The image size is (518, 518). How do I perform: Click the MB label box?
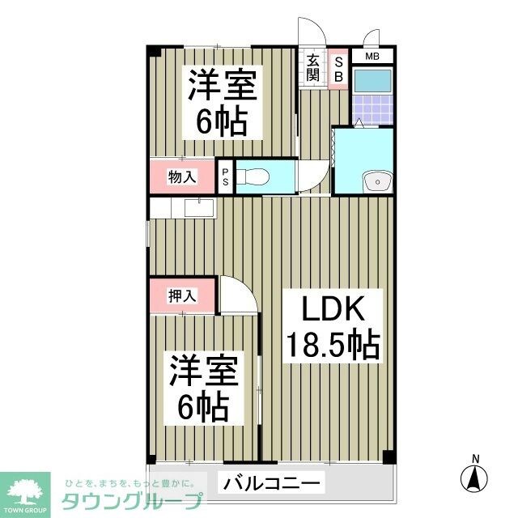(x=372, y=56)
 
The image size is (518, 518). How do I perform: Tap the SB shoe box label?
(x=338, y=66)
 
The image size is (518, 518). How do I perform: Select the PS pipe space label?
(x=226, y=177)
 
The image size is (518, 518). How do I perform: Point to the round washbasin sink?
(x=375, y=181)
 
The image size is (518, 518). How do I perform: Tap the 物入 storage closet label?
(x=182, y=176)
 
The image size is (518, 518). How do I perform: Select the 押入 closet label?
(x=182, y=296)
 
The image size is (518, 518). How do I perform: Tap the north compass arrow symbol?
(x=475, y=475)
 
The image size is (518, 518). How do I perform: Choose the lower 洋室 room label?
(x=203, y=372)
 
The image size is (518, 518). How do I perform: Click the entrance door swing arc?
(x=313, y=33)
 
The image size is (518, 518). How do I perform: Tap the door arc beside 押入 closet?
(x=239, y=295)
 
